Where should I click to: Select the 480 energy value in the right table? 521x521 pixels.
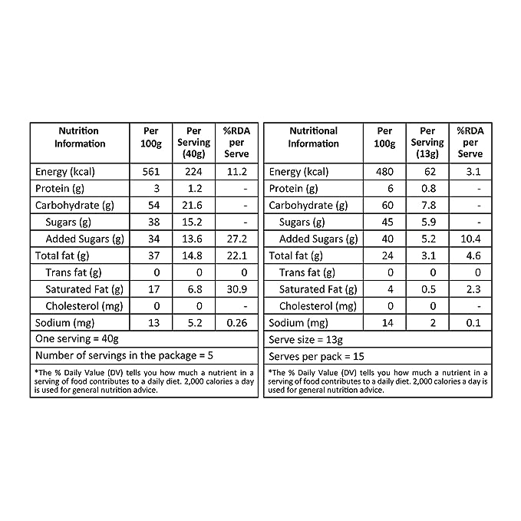(384, 172)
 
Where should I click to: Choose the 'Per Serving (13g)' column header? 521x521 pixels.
(427, 143)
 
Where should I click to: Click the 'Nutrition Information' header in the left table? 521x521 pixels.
(79, 137)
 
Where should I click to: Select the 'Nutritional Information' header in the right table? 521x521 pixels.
(313, 137)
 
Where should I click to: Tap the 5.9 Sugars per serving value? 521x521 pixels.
(427, 223)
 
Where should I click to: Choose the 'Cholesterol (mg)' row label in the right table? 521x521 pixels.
(318, 306)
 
